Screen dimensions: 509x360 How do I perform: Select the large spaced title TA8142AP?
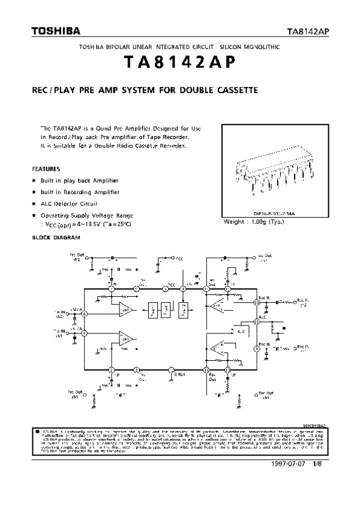(x=179, y=63)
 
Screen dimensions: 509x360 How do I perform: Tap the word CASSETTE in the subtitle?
(x=236, y=91)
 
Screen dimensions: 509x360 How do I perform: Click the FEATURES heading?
(x=46, y=168)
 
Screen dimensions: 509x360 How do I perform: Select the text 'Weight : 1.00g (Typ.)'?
(x=253, y=221)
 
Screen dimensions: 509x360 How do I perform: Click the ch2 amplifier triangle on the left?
(x=125, y=309)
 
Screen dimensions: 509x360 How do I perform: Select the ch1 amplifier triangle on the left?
(x=125, y=339)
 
